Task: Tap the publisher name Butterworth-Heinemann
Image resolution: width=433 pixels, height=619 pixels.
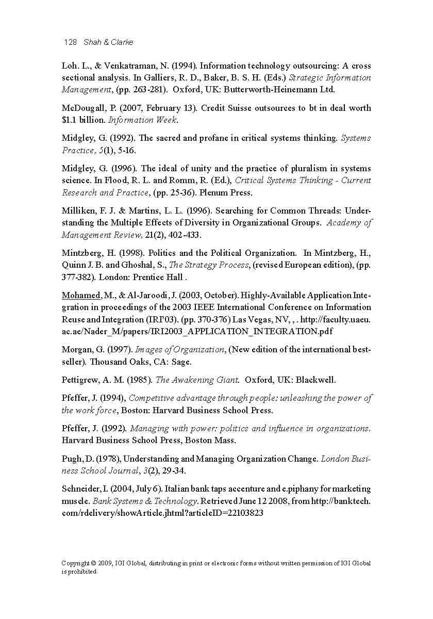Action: click(267, 90)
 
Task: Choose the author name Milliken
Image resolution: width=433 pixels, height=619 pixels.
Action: click(78, 211)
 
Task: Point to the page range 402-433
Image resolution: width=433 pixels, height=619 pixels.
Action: click(183, 235)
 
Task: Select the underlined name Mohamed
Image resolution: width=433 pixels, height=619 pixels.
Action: click(81, 296)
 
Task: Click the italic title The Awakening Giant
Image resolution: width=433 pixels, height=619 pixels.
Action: click(197, 380)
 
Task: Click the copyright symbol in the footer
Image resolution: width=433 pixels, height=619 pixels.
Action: click(93, 563)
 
